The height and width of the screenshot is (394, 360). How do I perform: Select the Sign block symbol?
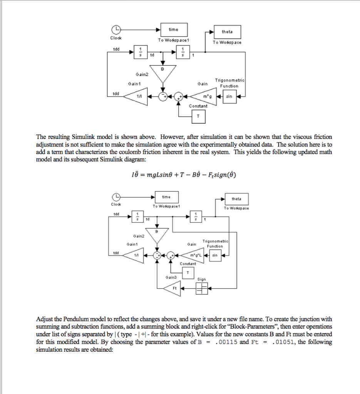pos(201,288)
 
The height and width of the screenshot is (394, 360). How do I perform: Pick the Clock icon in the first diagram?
pos(116,30)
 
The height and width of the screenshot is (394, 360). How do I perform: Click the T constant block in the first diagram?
pos(198,115)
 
